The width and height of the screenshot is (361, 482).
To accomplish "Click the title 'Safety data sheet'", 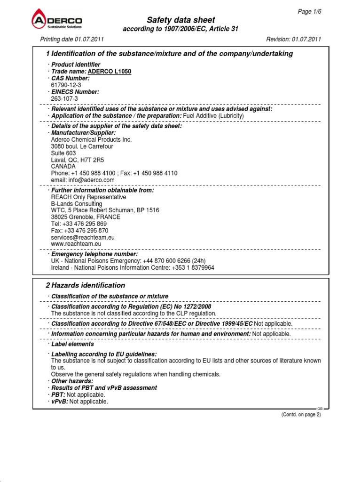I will pos(181,20).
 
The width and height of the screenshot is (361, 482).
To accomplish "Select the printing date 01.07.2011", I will pos(71,39).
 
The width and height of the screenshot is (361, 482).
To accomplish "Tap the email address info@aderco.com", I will pos(83,180).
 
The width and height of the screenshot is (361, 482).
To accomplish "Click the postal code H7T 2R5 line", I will pos(78,160).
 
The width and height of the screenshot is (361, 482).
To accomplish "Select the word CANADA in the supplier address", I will pos(63,166).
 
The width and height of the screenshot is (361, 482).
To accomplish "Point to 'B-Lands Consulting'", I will pos(77,204).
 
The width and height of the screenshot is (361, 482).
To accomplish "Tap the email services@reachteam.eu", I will pos(83,238).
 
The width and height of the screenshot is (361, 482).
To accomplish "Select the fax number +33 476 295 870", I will pos(79,231).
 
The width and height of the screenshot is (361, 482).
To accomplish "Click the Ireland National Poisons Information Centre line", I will pos(133,267).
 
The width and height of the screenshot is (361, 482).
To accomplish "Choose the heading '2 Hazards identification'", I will pos(85,285).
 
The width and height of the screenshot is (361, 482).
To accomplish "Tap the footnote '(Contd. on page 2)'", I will pos(301,414).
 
